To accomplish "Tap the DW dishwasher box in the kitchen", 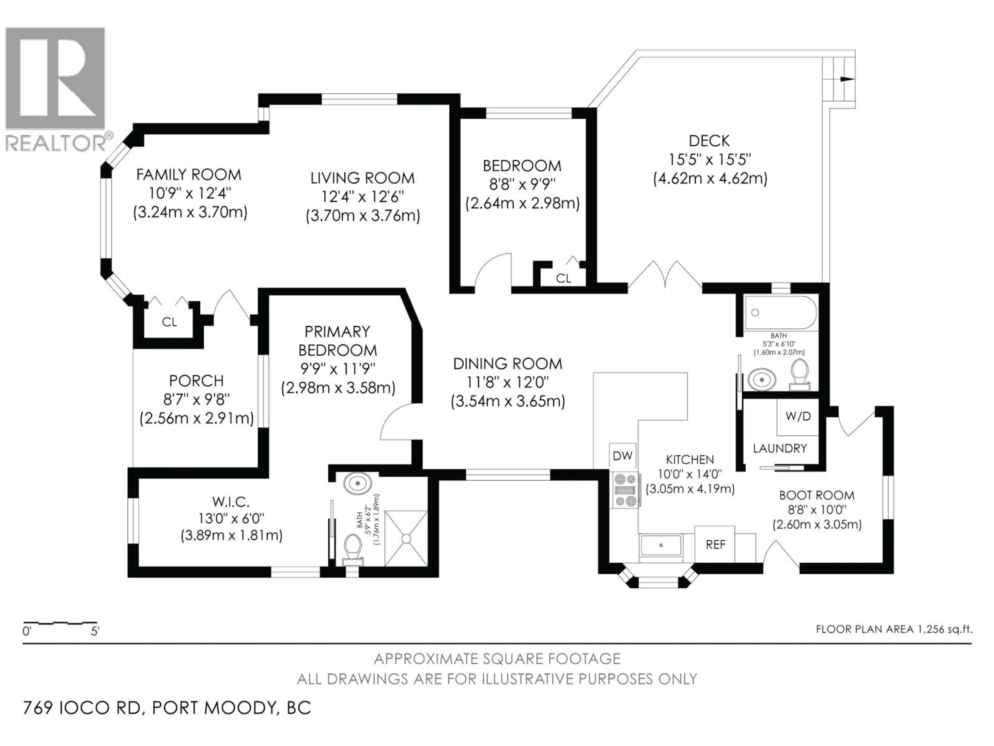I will pos(622,456).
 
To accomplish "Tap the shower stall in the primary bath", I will pos(406,538).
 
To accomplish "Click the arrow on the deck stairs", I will pos(846,79).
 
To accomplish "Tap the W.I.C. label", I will pos(231,501).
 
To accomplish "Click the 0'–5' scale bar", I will pos(61,624).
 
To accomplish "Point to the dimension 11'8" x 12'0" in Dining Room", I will pos(507,383).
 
